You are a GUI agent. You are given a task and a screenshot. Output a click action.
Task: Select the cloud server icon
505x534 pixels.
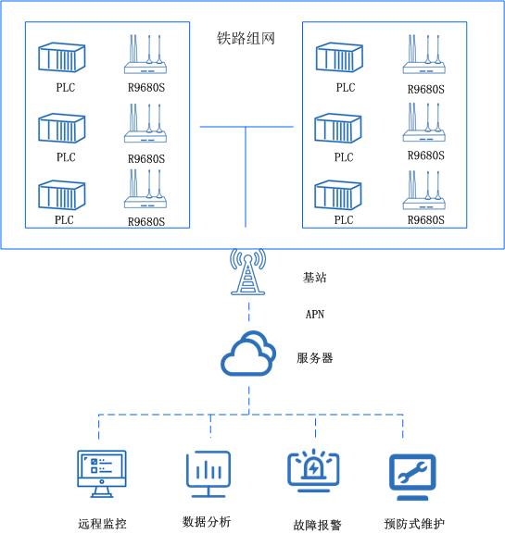point(247,354)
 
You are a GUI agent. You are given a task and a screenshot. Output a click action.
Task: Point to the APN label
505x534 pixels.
point(315,315)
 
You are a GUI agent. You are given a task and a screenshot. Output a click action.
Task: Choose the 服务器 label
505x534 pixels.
point(314,357)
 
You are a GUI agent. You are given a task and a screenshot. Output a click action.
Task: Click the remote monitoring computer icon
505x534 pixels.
point(101,475)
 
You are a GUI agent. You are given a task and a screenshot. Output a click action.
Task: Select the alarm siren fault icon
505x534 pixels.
point(315,469)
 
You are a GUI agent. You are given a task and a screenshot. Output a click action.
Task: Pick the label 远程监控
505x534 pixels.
point(102,524)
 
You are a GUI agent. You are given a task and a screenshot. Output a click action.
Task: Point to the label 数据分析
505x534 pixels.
point(208,521)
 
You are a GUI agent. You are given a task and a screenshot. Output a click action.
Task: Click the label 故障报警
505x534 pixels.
point(317,525)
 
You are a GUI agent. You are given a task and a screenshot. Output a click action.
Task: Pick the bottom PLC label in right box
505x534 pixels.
point(344,220)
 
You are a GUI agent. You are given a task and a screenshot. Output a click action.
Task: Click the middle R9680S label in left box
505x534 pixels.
point(146,158)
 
